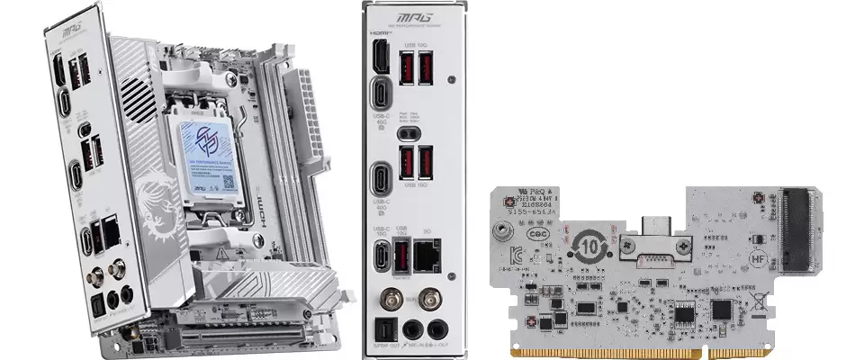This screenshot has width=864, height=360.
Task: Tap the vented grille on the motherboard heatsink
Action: pyautogui.click(x=135, y=94)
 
